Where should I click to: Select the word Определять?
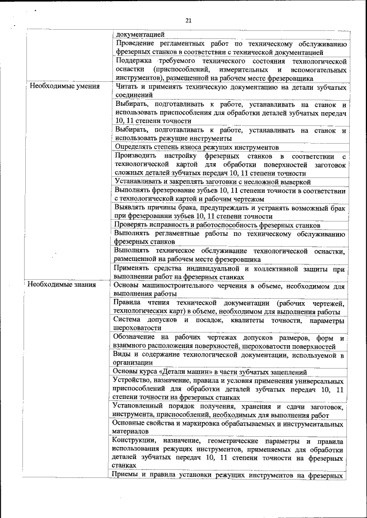pos(135,147)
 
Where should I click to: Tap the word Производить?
pos(138,156)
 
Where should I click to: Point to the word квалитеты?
pos(249,319)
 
